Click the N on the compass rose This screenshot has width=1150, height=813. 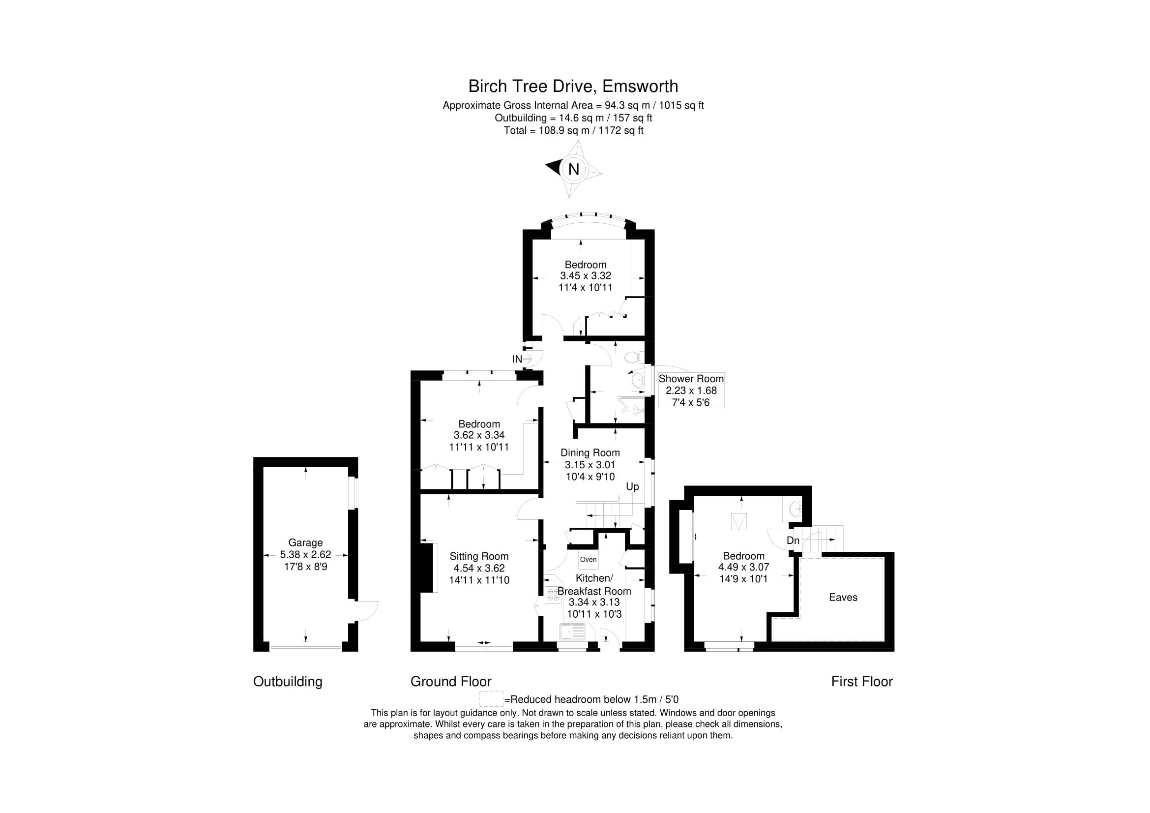pos(573,169)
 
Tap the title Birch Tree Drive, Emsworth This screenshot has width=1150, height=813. pos(573,86)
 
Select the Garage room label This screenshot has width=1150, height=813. pos(305,542)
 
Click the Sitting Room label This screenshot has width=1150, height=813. pos(479,556)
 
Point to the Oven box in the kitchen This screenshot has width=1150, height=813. pos(588,559)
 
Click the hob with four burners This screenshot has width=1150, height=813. pos(553,595)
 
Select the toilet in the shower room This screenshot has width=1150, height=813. pos(633,358)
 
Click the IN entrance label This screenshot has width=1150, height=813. pos(517,359)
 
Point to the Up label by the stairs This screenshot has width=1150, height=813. pos(632,487)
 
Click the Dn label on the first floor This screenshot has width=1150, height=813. pos(793,541)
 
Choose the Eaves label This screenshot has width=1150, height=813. pos(843,597)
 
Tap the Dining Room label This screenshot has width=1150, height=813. pos(590,453)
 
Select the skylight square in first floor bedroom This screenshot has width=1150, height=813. pos(738,521)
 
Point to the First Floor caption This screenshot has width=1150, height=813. pos(861,681)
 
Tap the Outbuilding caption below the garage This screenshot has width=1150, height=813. pos(288,681)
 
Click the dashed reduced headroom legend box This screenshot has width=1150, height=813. pos(491,699)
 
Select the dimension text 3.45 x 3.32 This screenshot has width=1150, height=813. pos(585,275)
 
